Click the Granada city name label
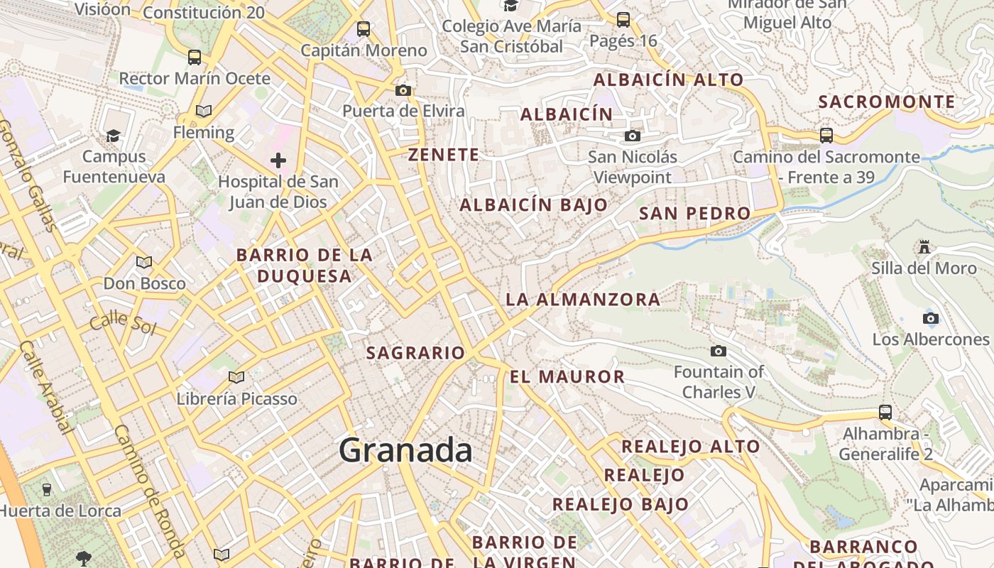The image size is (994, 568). pos(405,450)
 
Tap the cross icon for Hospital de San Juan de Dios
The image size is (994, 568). pos(278,160)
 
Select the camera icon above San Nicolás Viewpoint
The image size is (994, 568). pos(632,136)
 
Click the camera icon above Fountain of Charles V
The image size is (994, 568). pos(719,351)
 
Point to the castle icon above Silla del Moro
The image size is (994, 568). pos(924,247)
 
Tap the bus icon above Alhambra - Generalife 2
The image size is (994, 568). pos(885,412)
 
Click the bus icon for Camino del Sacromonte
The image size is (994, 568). pos(826,135)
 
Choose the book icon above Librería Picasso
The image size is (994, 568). pos(236,377)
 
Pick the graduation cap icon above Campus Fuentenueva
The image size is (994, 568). pos(113,136)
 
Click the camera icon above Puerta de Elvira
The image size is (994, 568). pos(403,90)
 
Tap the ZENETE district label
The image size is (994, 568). pos(444,154)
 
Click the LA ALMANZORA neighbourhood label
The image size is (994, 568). pos(583,300)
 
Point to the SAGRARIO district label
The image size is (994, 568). pos(415,353)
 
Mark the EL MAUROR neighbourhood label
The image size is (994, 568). pos(567,376)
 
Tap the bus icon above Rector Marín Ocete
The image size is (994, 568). pos(194,58)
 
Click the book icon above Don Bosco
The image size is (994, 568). pos(144,263)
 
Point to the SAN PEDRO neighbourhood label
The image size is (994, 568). pos(694,213)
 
